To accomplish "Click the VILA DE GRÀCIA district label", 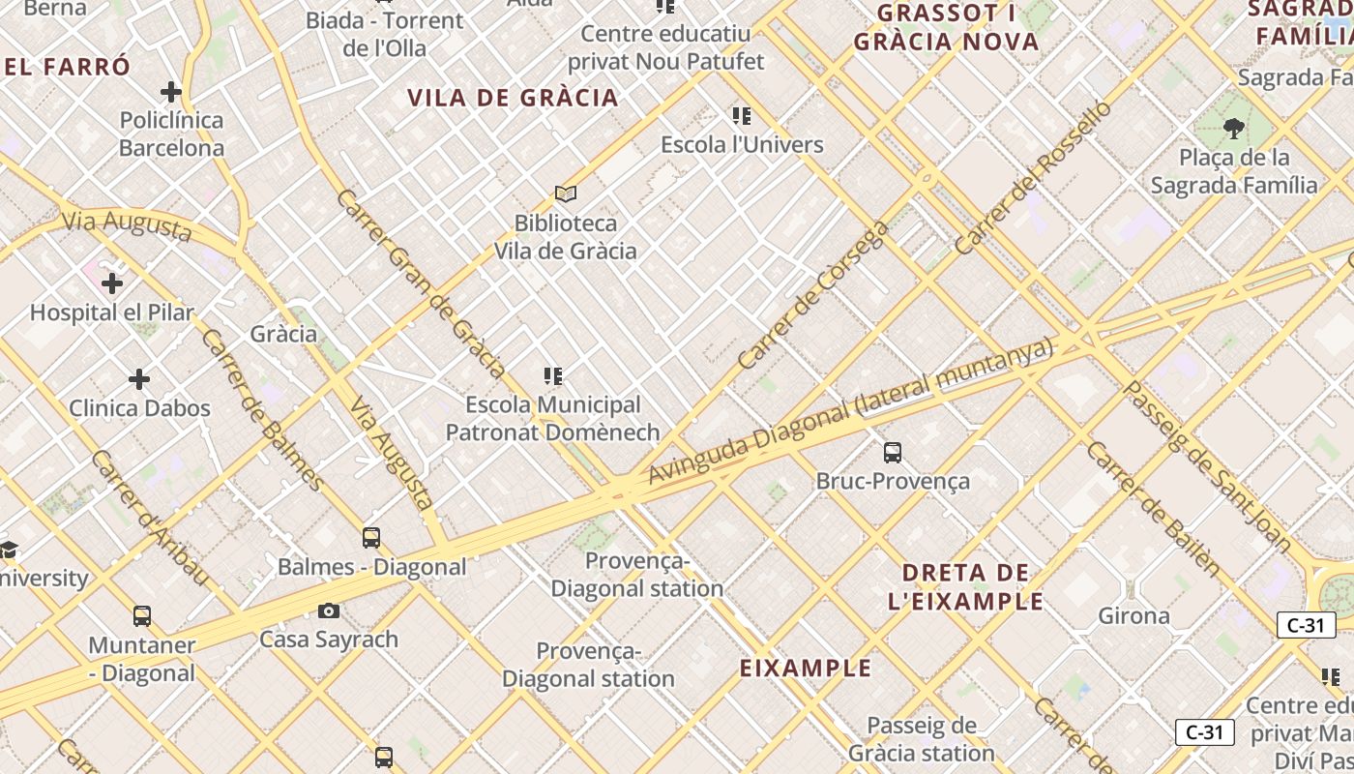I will point(513,98).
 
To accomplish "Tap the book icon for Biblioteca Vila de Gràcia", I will point(566,194).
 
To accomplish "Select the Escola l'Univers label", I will point(742,145).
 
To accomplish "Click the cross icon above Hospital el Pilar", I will point(112,283).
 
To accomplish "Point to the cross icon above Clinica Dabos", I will point(139,378).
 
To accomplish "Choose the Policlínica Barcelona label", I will point(171,134).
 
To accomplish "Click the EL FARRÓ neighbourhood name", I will point(67,68).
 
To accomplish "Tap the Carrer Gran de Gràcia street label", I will point(421,283).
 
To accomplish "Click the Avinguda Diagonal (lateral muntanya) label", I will point(850,411).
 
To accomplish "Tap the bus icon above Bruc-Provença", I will point(893,452).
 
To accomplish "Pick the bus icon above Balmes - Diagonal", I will point(371,538).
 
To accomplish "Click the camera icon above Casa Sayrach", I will point(329,610).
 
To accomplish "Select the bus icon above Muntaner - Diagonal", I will point(142,616).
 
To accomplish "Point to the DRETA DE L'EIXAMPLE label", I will point(966,586).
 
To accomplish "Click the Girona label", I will point(1133,616).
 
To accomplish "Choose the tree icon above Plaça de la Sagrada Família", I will point(1233,128).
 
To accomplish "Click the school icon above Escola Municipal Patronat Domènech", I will point(553,376).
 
